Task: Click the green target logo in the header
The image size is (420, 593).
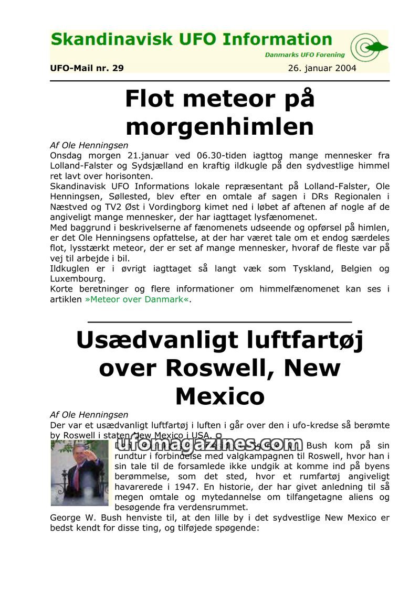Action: click(368, 48)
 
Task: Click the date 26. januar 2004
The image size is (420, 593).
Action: click(322, 68)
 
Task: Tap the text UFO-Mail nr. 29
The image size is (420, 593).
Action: click(87, 68)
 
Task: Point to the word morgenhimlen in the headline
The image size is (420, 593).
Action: click(219, 126)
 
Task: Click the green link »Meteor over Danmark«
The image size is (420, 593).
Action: click(138, 299)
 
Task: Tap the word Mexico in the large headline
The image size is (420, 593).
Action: click(219, 396)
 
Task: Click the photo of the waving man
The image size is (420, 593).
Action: click(79, 473)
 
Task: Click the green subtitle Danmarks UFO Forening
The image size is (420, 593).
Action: click(304, 55)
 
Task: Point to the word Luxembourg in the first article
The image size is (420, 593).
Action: click(78, 279)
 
